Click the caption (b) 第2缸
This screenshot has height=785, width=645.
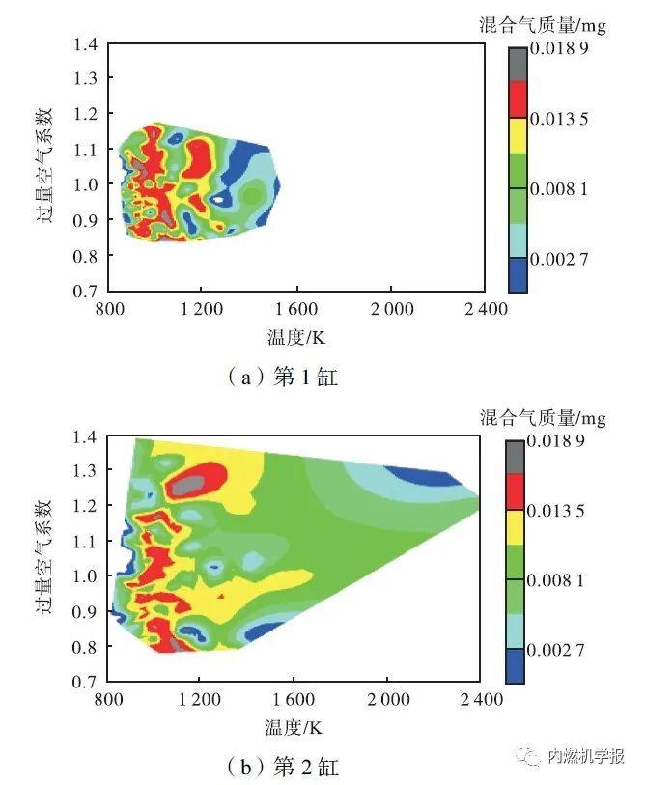[282, 768]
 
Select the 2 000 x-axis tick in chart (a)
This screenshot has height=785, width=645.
[391, 311]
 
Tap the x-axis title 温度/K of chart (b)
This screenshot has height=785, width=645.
[295, 726]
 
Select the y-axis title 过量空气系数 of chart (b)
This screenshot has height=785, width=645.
[45, 556]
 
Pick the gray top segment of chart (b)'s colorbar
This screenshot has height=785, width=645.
[515, 457]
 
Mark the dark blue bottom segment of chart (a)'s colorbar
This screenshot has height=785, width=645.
[519, 274]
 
